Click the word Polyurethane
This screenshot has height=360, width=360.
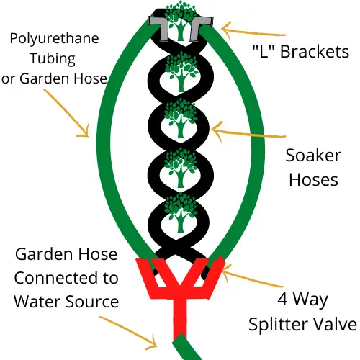[54, 39]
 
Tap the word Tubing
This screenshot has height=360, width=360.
[53, 59]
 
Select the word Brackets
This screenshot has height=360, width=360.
[315, 52]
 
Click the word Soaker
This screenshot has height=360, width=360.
[313, 156]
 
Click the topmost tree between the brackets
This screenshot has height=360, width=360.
[181, 20]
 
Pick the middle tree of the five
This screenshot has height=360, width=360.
[181, 118]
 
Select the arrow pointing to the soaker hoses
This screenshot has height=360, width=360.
[248, 134]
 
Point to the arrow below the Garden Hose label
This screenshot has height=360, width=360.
[67, 114]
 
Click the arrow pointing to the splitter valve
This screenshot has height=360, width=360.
[252, 277]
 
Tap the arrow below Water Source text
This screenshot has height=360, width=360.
[128, 333]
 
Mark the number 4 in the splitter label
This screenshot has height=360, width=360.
[282, 300]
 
